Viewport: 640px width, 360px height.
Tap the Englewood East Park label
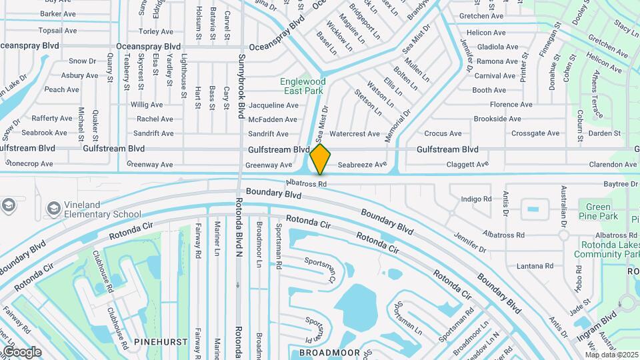tap(300, 86)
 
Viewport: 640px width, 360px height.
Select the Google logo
tap(21, 351)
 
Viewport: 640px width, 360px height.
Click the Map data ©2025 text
tap(612, 354)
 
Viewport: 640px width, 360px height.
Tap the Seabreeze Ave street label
tap(362, 165)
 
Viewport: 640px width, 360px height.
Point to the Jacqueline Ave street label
tap(273, 105)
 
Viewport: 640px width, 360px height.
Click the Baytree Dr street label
tap(619, 184)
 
